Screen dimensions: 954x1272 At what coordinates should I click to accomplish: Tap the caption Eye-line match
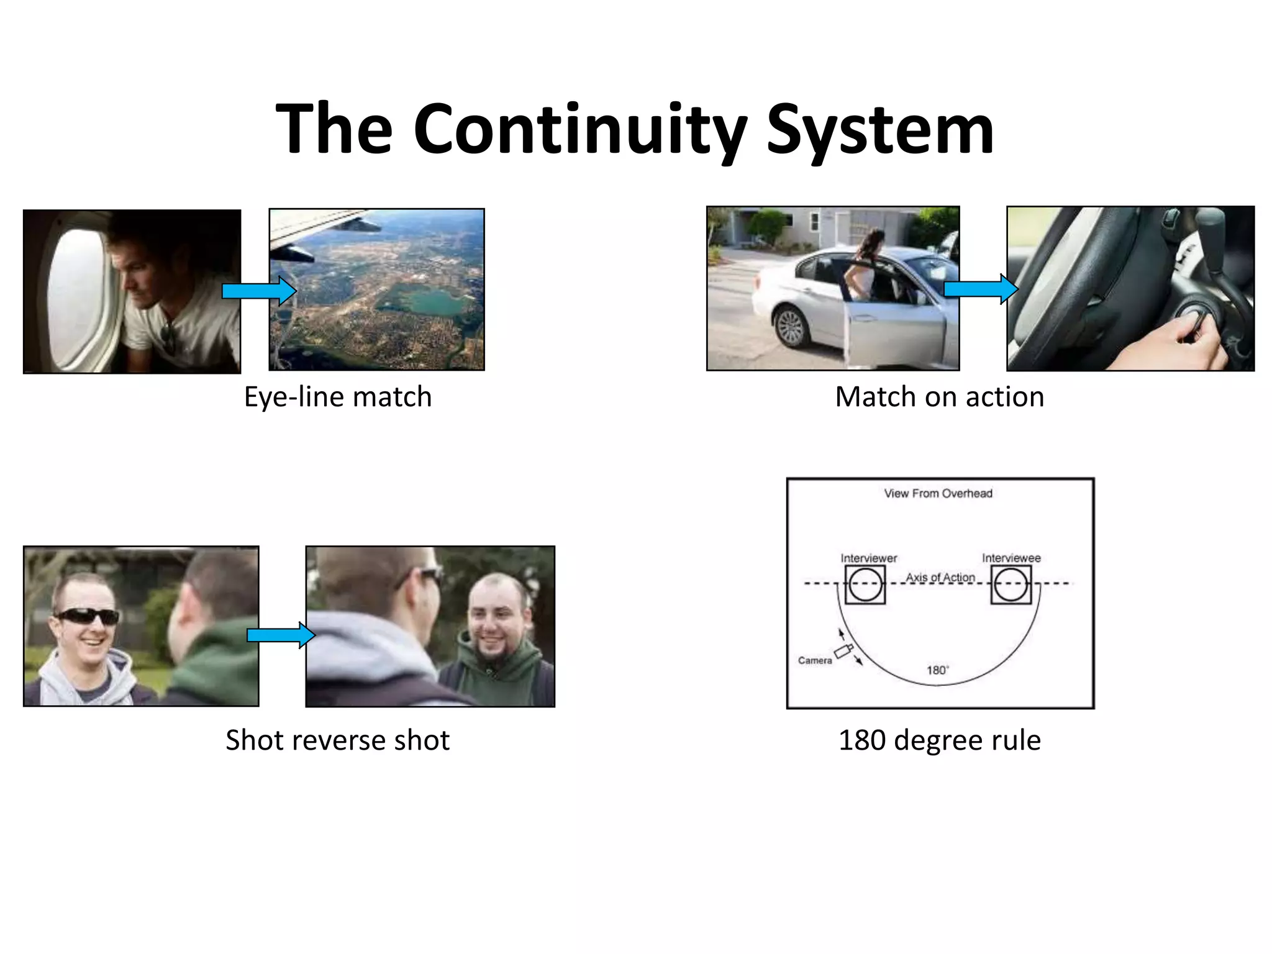[x=337, y=397]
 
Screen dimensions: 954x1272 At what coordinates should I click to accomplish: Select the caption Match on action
[x=939, y=397]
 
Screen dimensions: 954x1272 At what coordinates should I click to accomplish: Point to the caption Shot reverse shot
[x=337, y=740]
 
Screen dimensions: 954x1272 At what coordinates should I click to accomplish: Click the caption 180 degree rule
[x=939, y=740]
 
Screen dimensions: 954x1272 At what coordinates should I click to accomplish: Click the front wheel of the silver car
[x=791, y=326]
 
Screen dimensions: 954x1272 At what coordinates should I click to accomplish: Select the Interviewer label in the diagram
[x=868, y=558]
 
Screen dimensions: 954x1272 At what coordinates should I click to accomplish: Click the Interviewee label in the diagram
[x=1011, y=558]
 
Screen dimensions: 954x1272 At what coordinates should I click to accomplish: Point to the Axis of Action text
[x=940, y=577]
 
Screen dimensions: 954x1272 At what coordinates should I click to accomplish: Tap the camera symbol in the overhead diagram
[x=843, y=652]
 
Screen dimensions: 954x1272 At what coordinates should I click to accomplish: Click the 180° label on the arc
[x=937, y=670]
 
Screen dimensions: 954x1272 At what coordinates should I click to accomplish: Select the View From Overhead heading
[x=938, y=494]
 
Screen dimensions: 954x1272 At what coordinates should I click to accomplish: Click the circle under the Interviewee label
[x=1011, y=584]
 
